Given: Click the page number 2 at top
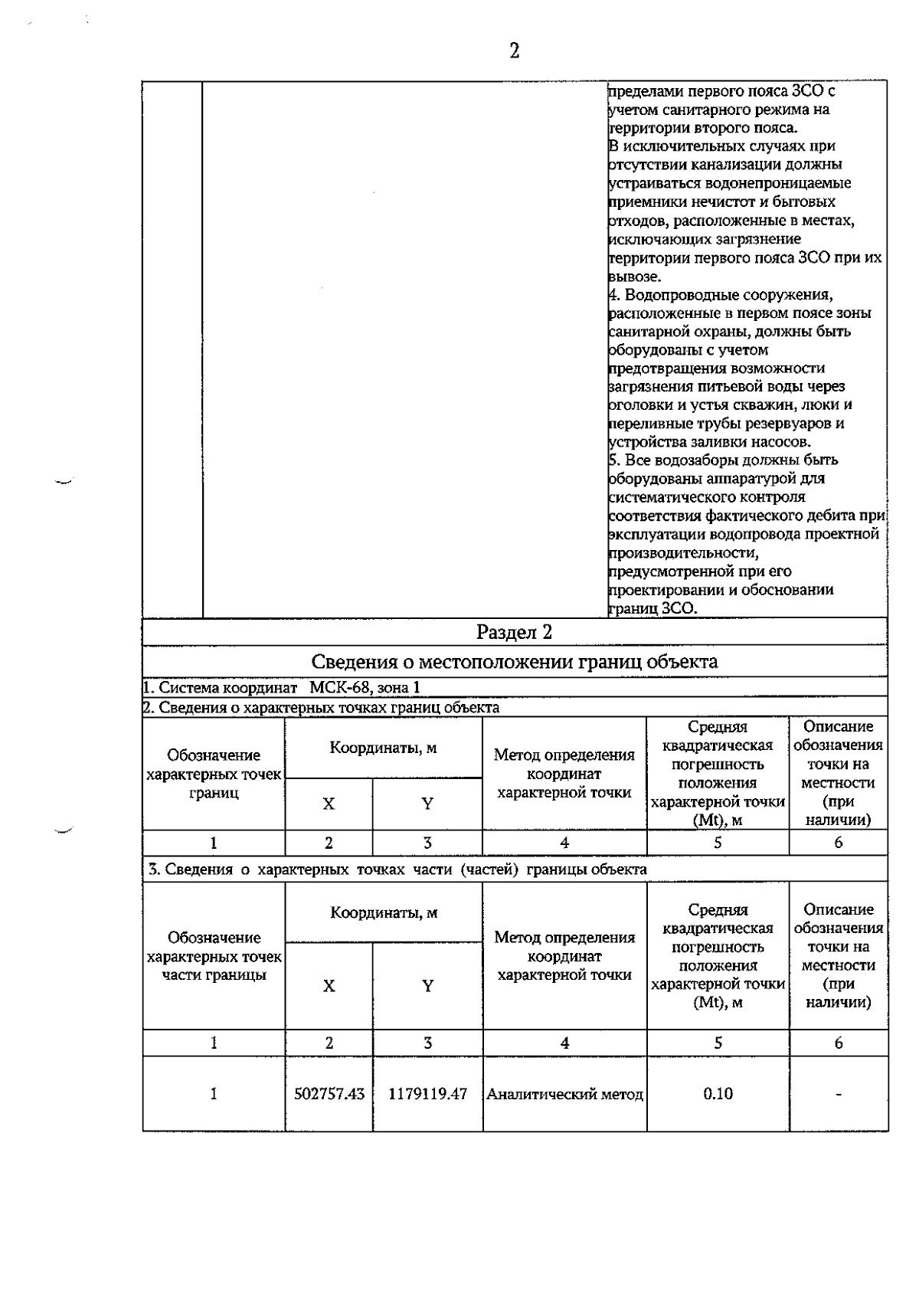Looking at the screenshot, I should (x=514, y=51).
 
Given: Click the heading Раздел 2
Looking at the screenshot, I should (x=514, y=632).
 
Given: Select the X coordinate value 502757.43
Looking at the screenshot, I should (x=329, y=1094).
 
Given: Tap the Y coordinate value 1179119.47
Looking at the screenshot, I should (x=427, y=1094).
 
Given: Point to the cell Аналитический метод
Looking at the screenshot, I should (x=564, y=1095).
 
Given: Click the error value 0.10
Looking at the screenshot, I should (x=718, y=1094).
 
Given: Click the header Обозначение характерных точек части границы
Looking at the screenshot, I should (x=214, y=956).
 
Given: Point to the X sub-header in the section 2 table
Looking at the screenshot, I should (x=329, y=804).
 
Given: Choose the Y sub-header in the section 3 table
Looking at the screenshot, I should (x=427, y=986).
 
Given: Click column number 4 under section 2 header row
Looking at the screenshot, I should (x=564, y=843).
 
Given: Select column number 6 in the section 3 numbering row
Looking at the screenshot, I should (x=839, y=1043).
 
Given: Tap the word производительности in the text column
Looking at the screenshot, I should (x=683, y=552).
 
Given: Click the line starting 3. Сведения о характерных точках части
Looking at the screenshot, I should (x=397, y=869).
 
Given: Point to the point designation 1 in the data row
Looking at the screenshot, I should (x=214, y=1094).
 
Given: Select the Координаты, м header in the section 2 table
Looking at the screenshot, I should (x=383, y=748).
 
